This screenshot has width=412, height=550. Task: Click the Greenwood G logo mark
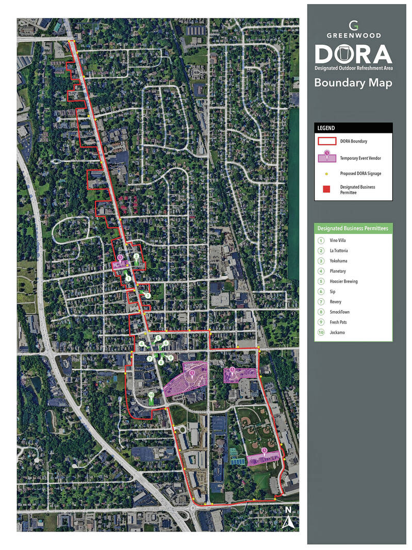pos(353,25)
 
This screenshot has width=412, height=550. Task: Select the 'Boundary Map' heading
pos(353,82)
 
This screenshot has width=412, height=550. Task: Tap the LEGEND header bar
pos(353,128)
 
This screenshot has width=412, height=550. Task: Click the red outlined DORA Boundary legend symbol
pos(326,141)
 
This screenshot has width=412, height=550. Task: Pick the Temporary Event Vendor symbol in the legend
pos(326,157)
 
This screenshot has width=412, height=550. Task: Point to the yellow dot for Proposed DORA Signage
pos(326,174)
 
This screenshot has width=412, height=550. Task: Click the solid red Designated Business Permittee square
pos(326,189)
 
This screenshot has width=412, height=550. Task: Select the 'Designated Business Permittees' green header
pos(353,228)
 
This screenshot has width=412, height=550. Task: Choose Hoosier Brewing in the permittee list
pos(343,281)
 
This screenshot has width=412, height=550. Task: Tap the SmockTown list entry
pos(341,312)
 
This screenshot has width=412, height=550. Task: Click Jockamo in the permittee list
pos(338,333)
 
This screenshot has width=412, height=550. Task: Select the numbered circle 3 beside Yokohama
pos(321,261)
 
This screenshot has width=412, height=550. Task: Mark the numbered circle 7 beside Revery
pos(321,302)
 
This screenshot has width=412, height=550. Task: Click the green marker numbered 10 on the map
pos(151,396)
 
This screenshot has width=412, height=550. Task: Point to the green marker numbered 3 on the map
pos(147,296)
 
